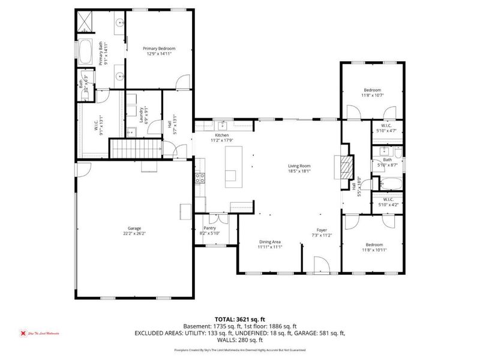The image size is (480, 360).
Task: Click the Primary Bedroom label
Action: point(159,48)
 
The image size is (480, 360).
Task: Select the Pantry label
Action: point(209,228)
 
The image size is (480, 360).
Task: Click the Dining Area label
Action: point(269,242)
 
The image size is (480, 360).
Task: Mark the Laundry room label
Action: point(142,114)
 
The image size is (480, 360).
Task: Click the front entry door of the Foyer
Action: point(322,264)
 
